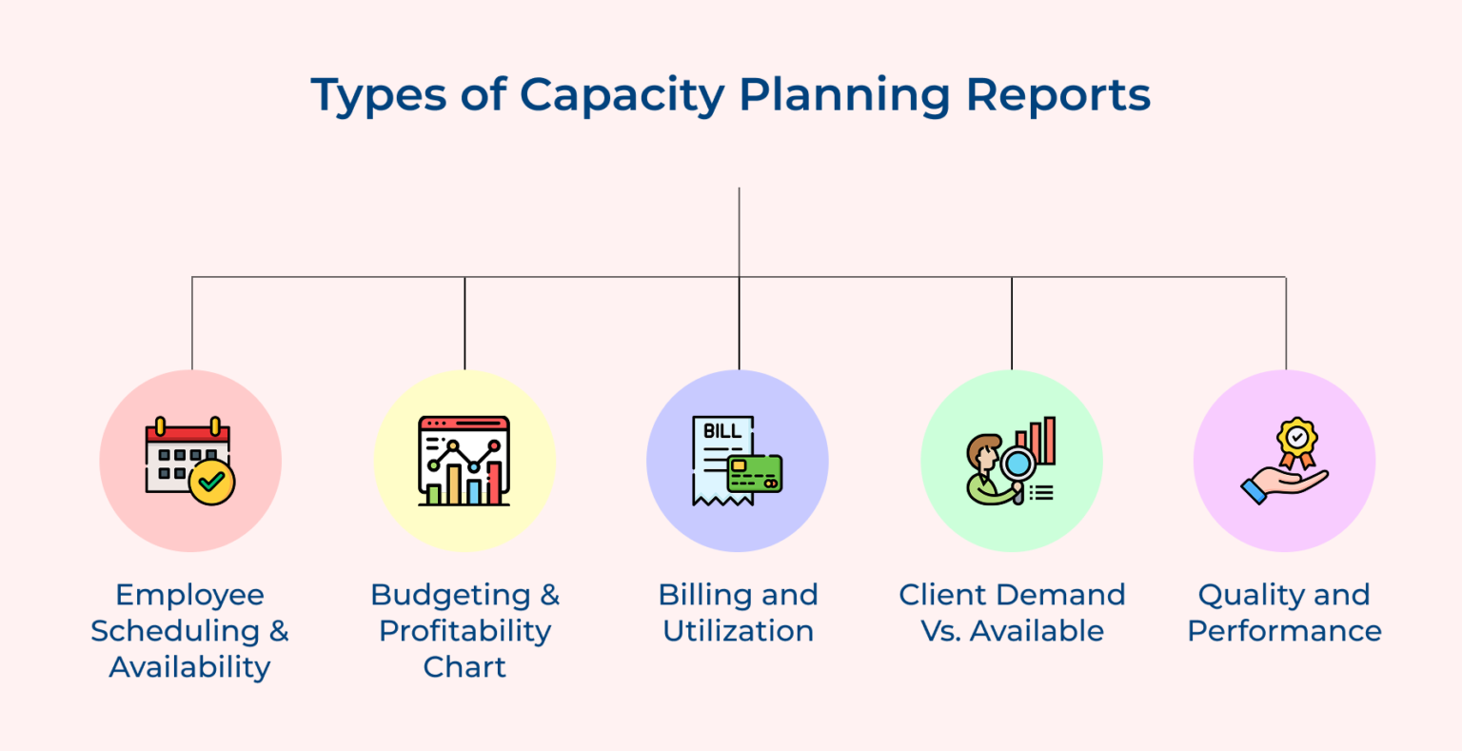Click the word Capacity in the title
622,96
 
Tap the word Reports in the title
1057,96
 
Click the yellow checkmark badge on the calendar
212,483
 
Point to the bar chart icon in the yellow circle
464,461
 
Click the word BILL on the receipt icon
721,431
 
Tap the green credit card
755,474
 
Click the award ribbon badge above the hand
1297,443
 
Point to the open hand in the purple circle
1283,486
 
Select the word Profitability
464,632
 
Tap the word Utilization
739,631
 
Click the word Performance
1284,631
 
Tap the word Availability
190,668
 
